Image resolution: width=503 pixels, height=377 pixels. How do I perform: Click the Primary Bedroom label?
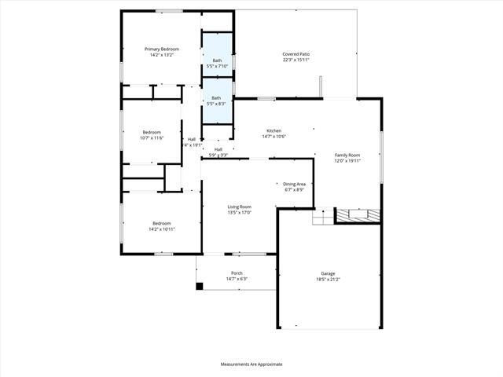[161, 49]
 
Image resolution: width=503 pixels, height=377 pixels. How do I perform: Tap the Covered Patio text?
[296, 54]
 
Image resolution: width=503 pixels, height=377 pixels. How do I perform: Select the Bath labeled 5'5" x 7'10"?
[216, 60]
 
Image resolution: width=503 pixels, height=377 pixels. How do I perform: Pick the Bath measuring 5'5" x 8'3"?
[216, 98]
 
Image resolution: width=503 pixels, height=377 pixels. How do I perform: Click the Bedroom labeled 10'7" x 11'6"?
[151, 132]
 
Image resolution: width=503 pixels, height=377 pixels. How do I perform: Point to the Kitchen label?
[274, 130]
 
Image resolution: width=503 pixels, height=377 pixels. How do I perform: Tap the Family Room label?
[347, 156]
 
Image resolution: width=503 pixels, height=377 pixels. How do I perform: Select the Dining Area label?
[294, 184]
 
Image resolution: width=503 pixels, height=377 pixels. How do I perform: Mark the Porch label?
[237, 273]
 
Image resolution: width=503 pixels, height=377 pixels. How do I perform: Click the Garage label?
[327, 273]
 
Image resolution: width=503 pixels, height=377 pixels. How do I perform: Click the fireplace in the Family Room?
[358, 214]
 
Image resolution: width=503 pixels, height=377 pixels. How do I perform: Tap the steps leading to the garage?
[322, 217]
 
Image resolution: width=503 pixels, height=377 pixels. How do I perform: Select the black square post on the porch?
[199, 287]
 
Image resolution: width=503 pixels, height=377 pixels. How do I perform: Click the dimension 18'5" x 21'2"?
[327, 280]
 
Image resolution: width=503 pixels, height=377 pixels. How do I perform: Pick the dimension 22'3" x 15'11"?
[296, 60]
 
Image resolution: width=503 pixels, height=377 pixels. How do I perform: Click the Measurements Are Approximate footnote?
[251, 364]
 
